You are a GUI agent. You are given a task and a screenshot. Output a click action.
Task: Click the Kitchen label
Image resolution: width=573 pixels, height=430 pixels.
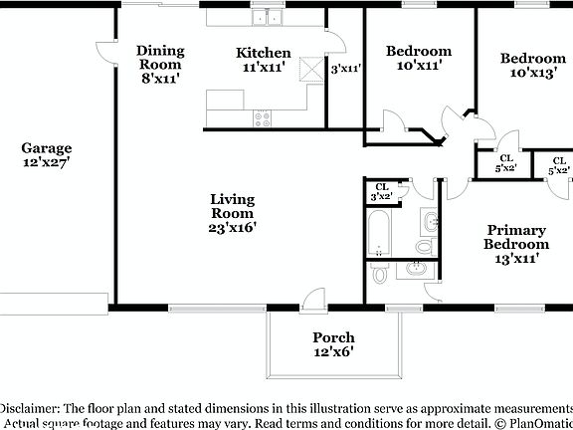[263, 53]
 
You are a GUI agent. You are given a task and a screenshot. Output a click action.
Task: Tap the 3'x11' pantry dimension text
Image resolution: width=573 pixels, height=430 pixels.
[344, 69]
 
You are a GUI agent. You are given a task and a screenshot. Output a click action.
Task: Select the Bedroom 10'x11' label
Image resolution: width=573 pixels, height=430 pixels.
[418, 51]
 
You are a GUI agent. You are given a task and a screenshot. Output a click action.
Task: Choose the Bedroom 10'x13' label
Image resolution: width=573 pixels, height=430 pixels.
[533, 58]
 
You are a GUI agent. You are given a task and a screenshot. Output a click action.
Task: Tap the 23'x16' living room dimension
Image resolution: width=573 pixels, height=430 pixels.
[233, 227]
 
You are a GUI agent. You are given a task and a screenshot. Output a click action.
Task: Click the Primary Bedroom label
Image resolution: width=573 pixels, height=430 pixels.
[515, 236]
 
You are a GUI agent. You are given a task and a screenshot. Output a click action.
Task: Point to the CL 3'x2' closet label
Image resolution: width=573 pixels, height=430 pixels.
[381, 192]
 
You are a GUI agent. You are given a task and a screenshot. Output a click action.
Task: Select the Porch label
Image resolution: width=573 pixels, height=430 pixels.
[333, 337]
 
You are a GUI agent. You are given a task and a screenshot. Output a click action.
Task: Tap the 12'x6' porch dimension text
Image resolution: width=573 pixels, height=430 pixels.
[333, 351]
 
